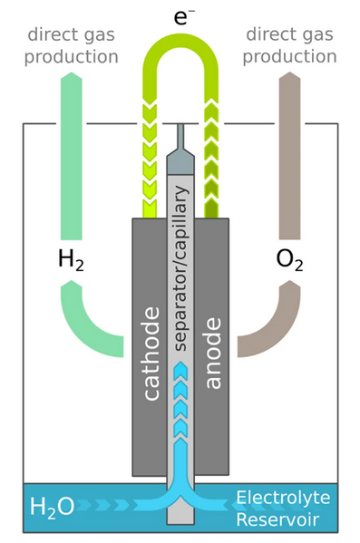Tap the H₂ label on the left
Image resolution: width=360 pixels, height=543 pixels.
pos(72,260)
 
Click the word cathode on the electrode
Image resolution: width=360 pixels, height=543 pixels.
pos(151,354)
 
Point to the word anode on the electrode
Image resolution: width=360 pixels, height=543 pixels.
pos(213,354)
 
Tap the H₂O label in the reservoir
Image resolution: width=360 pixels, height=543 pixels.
pos(54,505)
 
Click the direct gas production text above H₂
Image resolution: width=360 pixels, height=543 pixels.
pos(73,45)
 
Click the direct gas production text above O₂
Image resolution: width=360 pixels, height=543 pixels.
pos(290,45)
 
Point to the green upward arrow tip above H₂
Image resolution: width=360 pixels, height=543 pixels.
pos(73,78)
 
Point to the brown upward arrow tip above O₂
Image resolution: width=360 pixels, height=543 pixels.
pos(289,78)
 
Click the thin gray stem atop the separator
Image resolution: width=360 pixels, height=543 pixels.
pos(181,136)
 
